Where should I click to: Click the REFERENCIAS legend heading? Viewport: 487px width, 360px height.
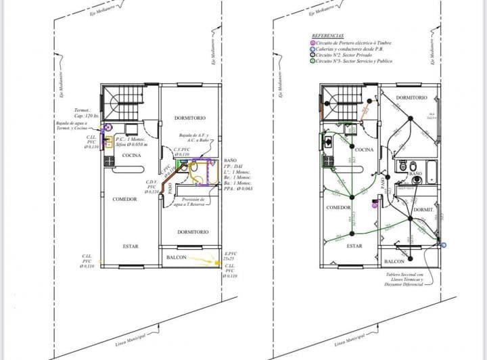[327, 35]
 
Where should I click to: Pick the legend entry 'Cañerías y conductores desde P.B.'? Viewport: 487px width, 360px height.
[347, 49]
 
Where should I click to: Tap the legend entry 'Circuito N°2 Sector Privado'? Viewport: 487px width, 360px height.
[341, 55]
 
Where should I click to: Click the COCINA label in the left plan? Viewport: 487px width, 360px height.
[131, 156]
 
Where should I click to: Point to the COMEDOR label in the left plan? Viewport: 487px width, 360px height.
[124, 199]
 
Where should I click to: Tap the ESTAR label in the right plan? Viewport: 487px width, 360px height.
[354, 246]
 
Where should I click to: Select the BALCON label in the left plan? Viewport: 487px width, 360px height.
[177, 257]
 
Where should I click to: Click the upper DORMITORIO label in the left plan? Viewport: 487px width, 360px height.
[191, 118]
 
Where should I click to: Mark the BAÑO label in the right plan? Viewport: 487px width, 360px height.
[416, 174]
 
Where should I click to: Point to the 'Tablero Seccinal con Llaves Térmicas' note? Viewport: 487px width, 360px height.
[404, 279]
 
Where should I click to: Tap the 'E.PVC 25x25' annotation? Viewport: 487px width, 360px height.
[230, 256]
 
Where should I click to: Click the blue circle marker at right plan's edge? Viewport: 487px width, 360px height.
[444, 244]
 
